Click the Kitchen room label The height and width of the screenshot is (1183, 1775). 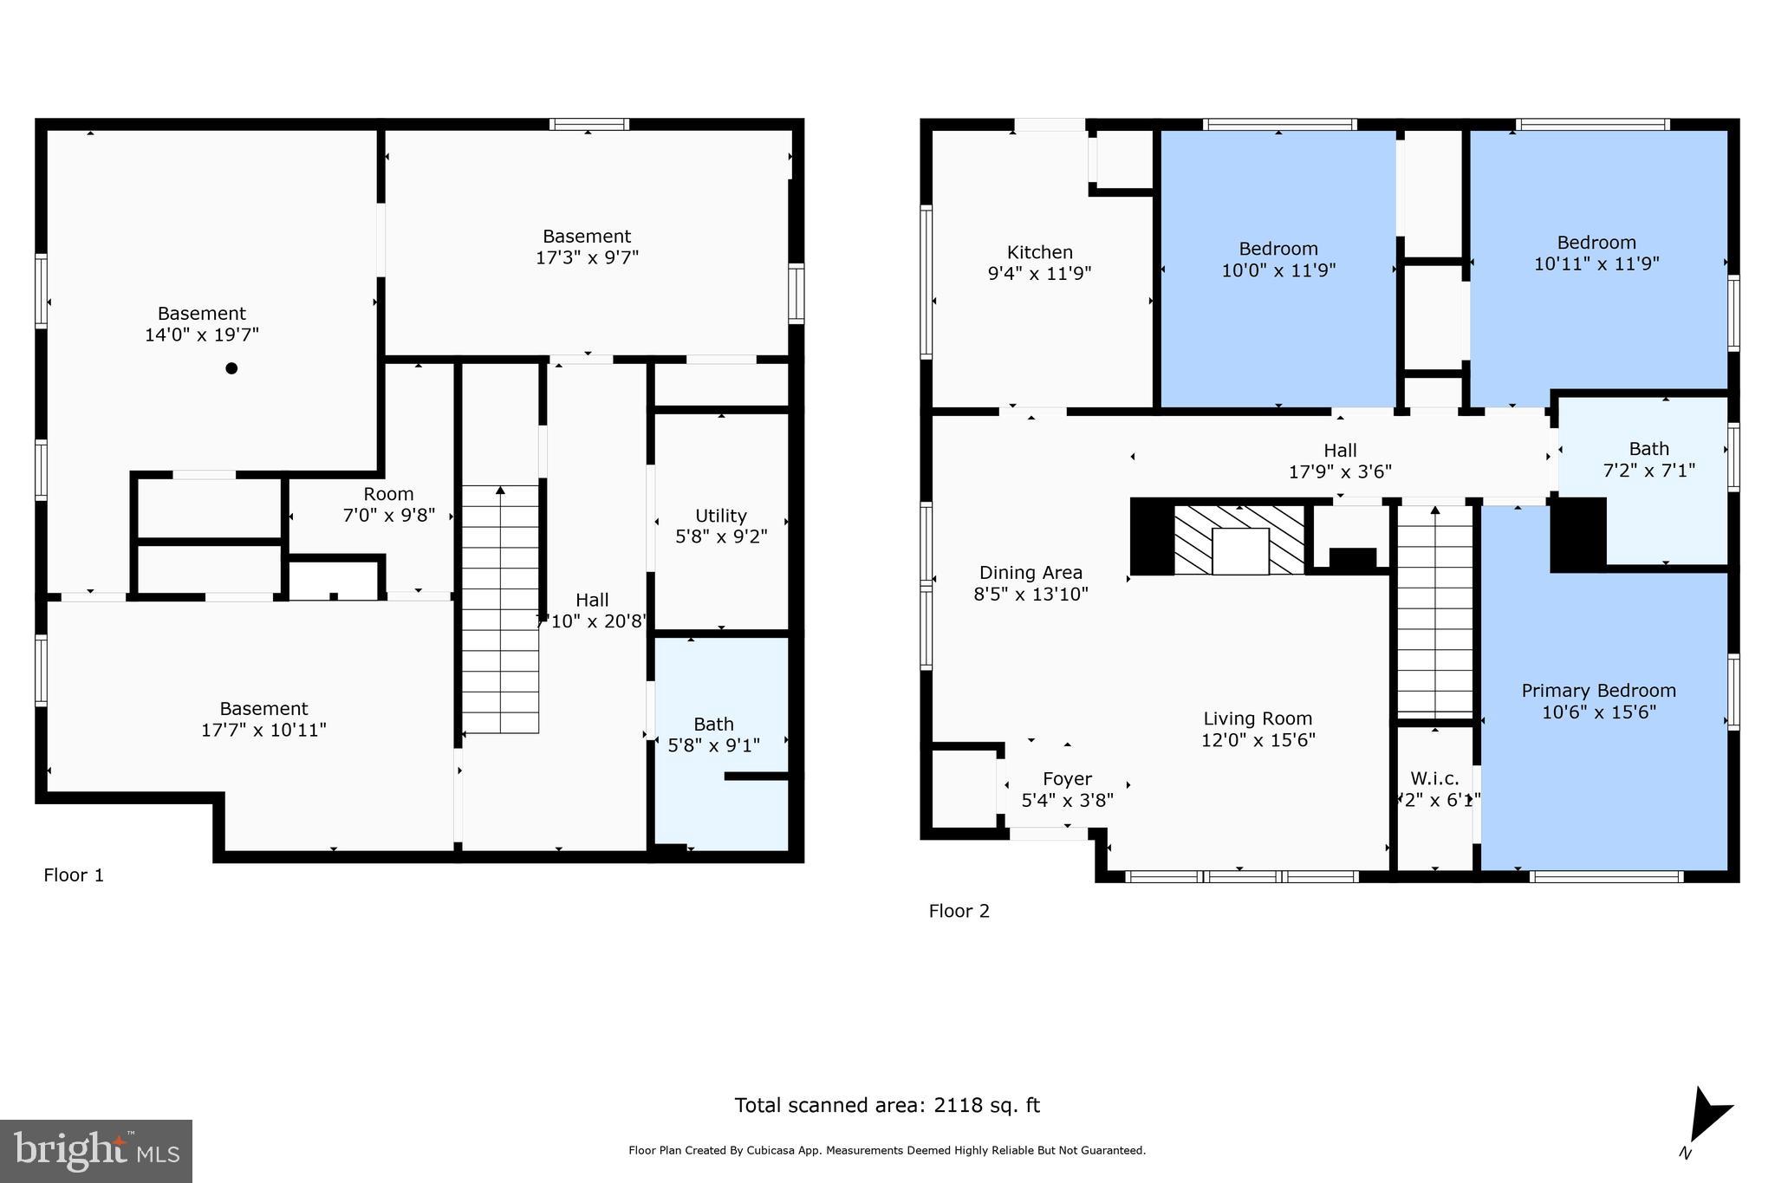coord(1039,252)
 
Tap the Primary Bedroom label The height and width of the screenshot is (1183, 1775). coord(1598,691)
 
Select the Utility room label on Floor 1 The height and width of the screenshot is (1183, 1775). coord(720,516)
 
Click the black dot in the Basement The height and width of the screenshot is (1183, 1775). coord(231,368)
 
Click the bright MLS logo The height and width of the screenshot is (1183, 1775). coord(96,1151)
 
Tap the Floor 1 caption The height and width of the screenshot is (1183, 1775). coord(74,875)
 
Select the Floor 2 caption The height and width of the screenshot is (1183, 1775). coord(959,911)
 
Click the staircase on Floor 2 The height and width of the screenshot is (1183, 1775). coord(1434,611)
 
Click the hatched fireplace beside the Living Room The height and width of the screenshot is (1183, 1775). coord(1239,540)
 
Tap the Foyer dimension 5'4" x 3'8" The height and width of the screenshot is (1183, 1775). coord(1067,800)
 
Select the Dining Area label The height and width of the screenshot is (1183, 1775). coord(1031,573)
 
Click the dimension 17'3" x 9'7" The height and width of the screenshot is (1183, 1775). coord(587,257)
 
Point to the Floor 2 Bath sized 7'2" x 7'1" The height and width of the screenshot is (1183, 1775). coord(1648,459)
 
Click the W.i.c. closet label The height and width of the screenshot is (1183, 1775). coord(1434,778)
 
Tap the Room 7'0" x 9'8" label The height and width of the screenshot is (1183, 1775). coord(388,504)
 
